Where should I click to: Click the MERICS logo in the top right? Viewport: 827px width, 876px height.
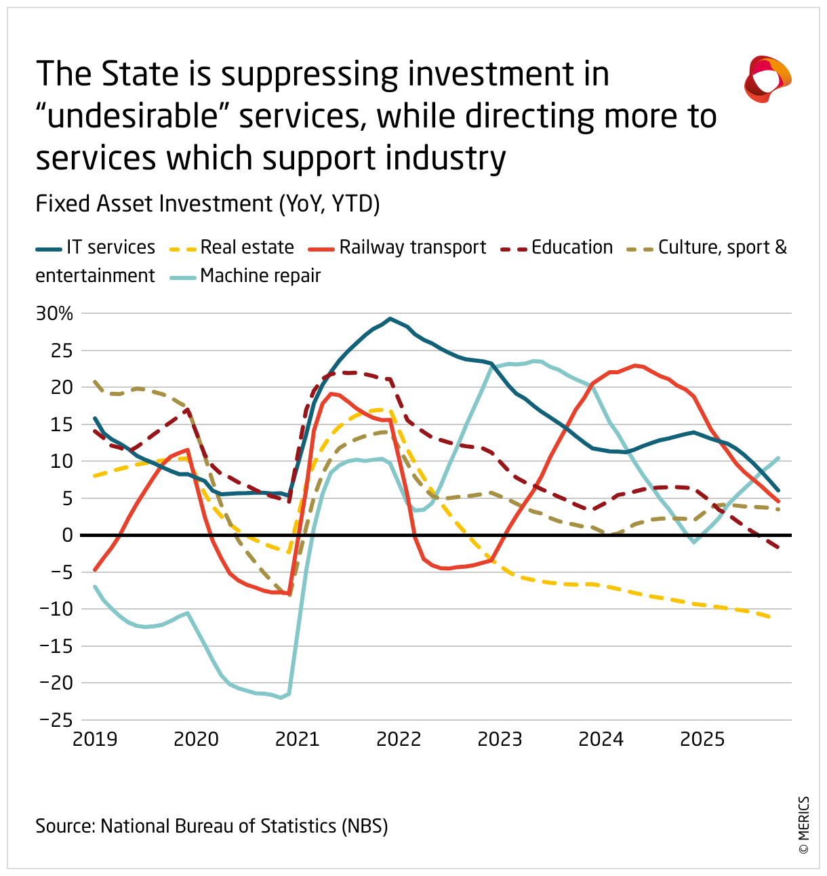click(x=767, y=79)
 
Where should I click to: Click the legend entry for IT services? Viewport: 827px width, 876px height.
click(x=96, y=247)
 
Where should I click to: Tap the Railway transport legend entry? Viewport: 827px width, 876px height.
click(x=397, y=247)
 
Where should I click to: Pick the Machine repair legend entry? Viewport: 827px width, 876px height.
click(x=245, y=276)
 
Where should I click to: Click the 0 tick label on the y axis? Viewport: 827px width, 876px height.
click(x=66, y=535)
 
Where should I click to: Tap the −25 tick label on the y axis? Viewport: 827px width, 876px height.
click(x=56, y=719)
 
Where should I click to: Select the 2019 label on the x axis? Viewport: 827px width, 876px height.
click(x=95, y=739)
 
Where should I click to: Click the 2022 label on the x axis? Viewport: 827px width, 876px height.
click(x=399, y=739)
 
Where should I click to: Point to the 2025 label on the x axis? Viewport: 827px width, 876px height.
click(x=702, y=739)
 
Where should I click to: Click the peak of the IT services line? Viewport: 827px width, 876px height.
click(x=390, y=318)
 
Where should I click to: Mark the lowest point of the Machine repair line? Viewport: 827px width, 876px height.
click(x=281, y=697)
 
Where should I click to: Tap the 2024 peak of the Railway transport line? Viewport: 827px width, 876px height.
click(x=635, y=365)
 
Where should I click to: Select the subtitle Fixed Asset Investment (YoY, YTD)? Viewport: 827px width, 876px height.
click(x=207, y=204)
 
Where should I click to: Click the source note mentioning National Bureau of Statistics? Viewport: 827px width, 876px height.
click(x=211, y=826)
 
